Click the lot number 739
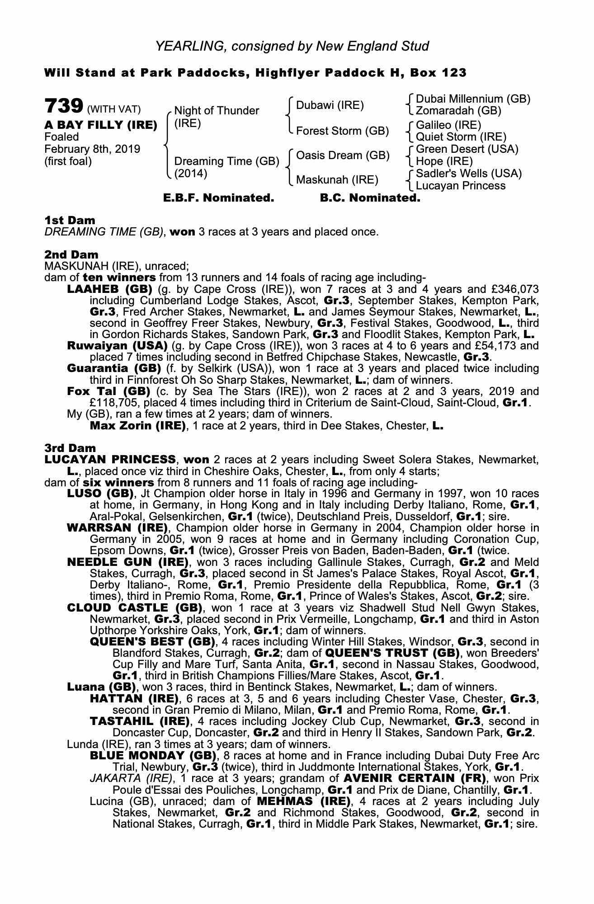[64, 107]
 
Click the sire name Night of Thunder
[217, 111]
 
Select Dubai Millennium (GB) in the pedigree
[473, 99]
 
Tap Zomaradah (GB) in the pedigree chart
[458, 111]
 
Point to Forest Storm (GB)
[342, 131]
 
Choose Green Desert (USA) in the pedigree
[467, 149]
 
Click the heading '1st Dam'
[70, 221]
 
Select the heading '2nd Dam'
[71, 255]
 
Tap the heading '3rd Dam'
[70, 448]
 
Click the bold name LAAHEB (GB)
[109, 289]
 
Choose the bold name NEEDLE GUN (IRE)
[127, 562]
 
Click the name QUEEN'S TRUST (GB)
[392, 653]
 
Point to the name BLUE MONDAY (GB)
[153, 755]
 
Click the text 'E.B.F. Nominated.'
[218, 198]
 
